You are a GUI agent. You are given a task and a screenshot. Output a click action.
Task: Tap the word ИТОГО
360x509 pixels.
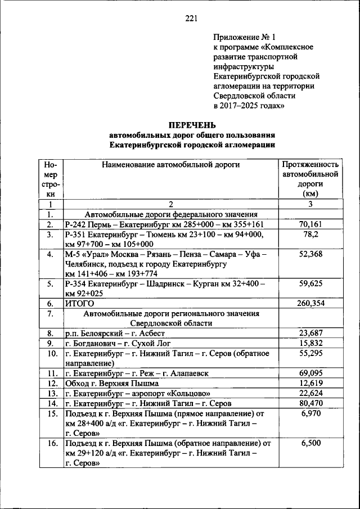(x=78, y=304)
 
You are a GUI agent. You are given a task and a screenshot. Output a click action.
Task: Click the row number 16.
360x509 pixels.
(x=51, y=443)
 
